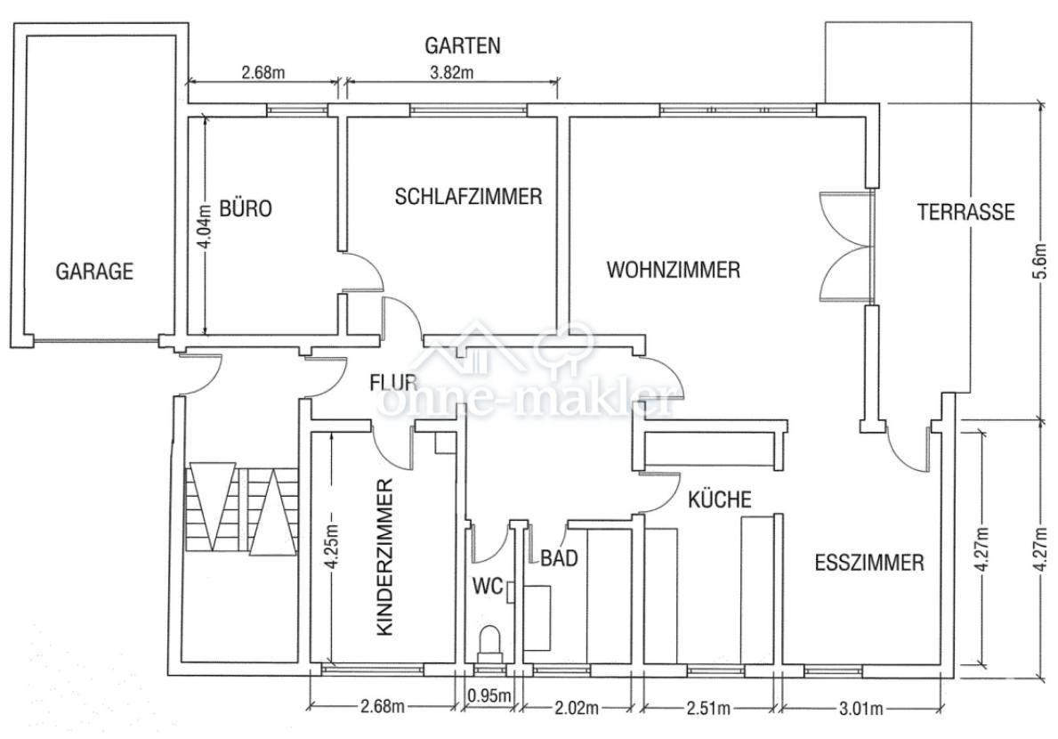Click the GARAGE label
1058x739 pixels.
pos(94,271)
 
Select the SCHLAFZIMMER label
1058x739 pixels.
pos(468,197)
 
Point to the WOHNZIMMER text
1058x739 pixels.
pos(673,269)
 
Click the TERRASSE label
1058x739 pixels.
pos(965,212)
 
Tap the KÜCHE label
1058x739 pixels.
pos(720,499)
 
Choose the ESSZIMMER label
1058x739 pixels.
pos(869,563)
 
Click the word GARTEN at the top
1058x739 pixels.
pos(462,45)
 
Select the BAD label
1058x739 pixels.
pos(560,558)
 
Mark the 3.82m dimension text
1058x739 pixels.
pos(450,73)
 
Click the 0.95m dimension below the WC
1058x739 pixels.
pos(489,695)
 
